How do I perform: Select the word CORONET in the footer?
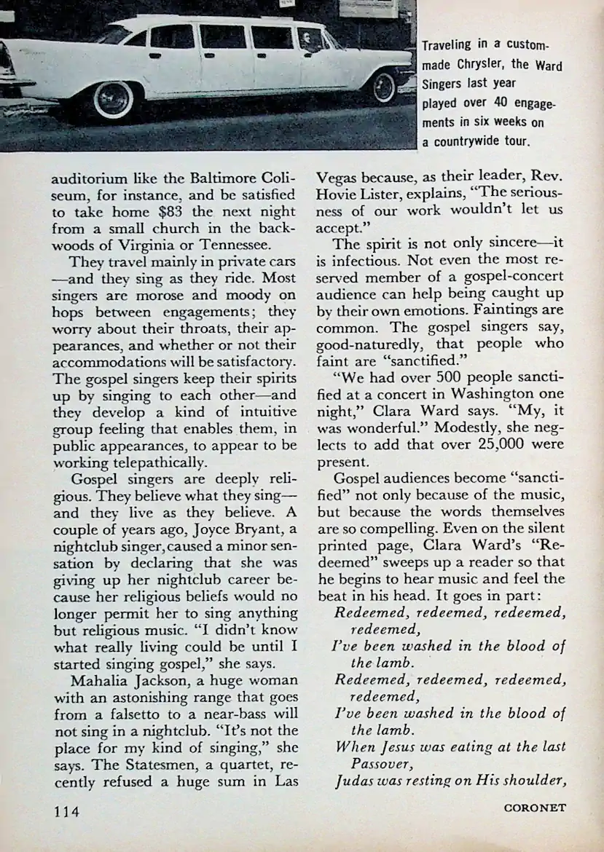pos(535,807)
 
